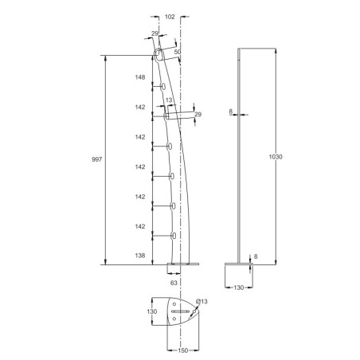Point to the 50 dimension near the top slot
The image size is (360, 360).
[x=177, y=51]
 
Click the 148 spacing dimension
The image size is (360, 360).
[x=139, y=77]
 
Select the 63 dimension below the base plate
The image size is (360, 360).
[x=173, y=282]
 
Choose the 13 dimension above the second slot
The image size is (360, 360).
[x=168, y=101]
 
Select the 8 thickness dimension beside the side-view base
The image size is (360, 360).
[x=255, y=256]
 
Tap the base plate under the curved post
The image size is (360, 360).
[x=184, y=265]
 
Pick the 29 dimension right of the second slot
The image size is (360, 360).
[x=198, y=115]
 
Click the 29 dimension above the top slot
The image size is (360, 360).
[x=155, y=35]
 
